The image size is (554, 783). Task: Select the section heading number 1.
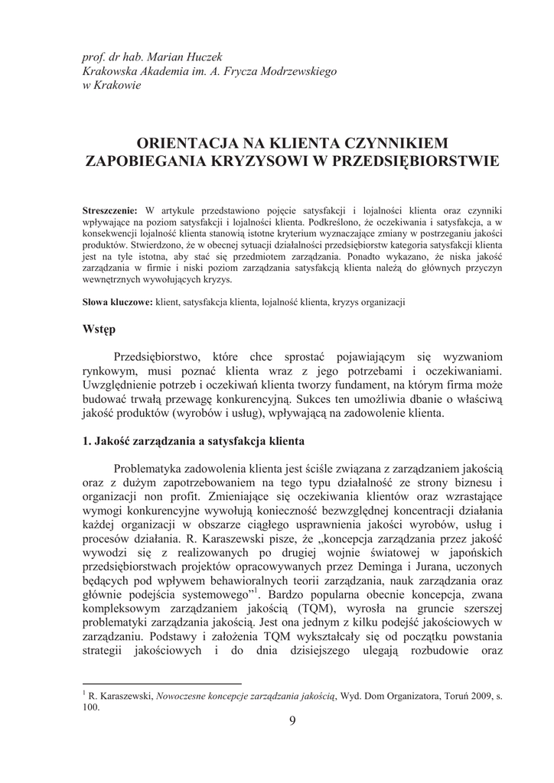click(x=86, y=441)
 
